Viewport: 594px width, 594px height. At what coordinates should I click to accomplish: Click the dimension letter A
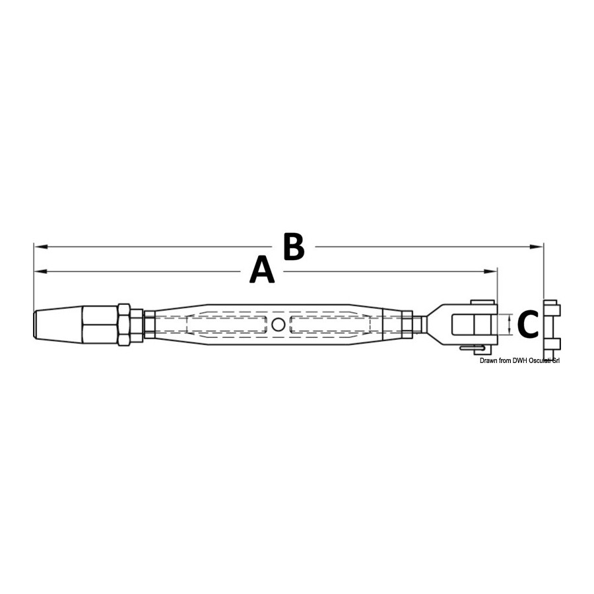[x=262, y=270]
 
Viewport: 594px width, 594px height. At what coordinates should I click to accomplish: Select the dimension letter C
[x=528, y=324]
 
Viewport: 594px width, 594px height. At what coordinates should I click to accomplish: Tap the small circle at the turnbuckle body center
[x=279, y=324]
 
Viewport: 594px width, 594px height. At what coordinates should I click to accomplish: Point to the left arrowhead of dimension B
[x=41, y=247]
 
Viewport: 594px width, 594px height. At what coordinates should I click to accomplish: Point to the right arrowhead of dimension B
[x=536, y=247]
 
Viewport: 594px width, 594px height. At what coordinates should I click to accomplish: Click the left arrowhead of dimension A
[x=41, y=272]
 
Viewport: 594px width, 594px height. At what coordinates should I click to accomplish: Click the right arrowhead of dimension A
[x=490, y=272]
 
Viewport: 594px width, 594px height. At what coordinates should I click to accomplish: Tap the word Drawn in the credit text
[x=488, y=361]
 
